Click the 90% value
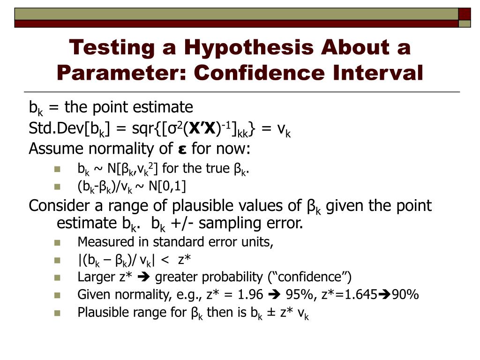click(405, 295)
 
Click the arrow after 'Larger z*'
click(144, 277)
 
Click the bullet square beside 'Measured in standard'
click(58, 243)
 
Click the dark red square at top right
click(465, 13)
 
